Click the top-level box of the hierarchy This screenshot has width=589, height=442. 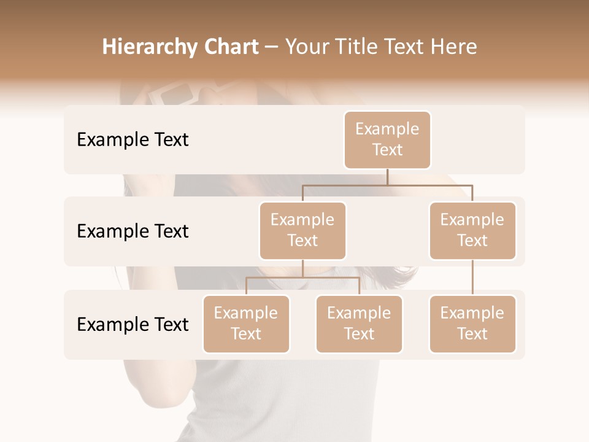387,139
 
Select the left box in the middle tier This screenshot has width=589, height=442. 302,230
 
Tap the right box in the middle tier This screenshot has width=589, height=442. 472,230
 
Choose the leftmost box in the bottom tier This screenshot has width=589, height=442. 246,324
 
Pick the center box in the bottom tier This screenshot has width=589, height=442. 359,324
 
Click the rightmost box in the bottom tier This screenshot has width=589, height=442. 472,324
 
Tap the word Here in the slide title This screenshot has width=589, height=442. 455,47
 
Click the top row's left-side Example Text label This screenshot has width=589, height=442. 133,140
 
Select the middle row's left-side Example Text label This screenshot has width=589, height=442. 133,231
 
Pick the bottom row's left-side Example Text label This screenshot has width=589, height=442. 133,325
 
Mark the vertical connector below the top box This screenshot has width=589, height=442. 387,177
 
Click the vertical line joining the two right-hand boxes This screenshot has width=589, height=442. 472,277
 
